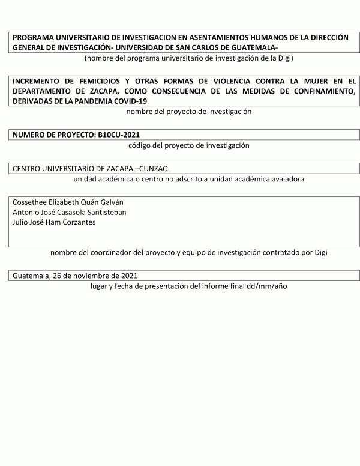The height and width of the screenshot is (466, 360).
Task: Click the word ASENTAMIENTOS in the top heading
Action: pos(210,37)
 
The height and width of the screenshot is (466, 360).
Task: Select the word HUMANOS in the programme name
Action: pos(263,37)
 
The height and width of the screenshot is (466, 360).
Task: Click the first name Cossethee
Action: pos(31,202)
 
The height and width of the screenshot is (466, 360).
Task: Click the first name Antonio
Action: pos(27,212)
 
